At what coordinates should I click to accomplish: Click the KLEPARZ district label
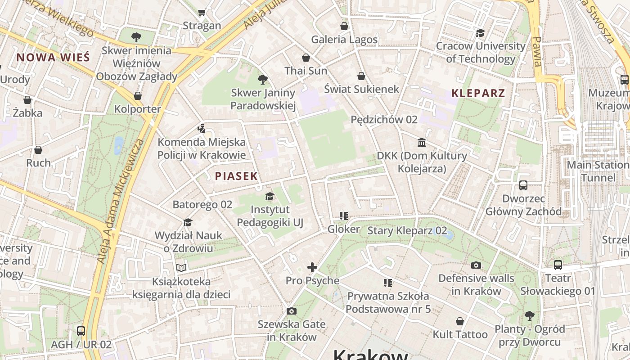[x=478, y=94]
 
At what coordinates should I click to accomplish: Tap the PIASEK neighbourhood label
[x=236, y=176]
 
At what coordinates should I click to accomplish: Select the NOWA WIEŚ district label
[x=53, y=57]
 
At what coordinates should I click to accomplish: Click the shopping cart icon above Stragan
[x=202, y=13]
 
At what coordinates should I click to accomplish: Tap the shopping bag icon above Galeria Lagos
[x=344, y=26]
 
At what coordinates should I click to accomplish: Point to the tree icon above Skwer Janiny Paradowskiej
[x=263, y=80]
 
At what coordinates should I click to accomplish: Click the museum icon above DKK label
[x=422, y=143]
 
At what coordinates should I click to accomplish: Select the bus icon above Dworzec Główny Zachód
[x=523, y=185]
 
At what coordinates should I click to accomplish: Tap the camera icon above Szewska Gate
[x=292, y=311]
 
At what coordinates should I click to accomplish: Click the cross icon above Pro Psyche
[x=312, y=267]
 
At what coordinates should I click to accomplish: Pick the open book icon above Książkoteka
[x=181, y=268]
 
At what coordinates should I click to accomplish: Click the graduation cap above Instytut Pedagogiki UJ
[x=270, y=196]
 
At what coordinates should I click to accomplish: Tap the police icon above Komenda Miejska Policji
[x=201, y=129]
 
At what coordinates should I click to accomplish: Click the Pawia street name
[x=537, y=52]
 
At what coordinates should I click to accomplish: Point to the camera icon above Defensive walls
[x=476, y=265]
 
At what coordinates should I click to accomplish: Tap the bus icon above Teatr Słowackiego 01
[x=558, y=265]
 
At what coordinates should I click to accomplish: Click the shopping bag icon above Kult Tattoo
[x=460, y=321]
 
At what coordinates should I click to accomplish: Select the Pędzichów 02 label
[x=384, y=120]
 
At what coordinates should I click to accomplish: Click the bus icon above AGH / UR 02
[x=81, y=331]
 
